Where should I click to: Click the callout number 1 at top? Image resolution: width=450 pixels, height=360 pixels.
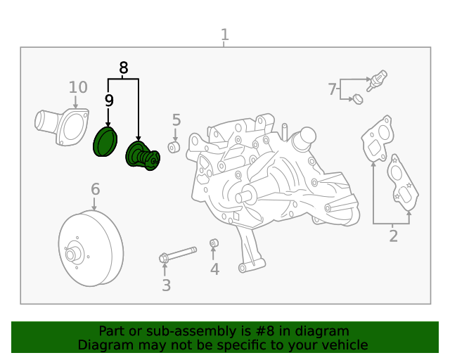point(224,34)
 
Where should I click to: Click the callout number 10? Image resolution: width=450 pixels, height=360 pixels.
point(78,87)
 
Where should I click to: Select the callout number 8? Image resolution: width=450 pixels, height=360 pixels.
point(124,68)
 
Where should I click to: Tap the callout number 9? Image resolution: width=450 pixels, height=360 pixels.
point(109,101)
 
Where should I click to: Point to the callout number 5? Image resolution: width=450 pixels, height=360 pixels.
point(176,120)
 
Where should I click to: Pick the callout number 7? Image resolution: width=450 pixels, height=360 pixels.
point(332,89)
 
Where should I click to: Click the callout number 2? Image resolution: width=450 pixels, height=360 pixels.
point(393,236)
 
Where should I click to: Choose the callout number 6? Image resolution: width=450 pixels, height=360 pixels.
point(95,189)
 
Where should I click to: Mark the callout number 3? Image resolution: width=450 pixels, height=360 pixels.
point(166,285)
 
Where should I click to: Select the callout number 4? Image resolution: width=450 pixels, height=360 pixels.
point(214,269)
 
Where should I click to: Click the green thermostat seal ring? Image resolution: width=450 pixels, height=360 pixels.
point(105,142)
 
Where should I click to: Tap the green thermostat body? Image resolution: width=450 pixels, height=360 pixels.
point(141,156)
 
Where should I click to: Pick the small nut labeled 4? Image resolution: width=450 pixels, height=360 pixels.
point(214,244)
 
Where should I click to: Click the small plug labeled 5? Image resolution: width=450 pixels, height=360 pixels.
point(174,146)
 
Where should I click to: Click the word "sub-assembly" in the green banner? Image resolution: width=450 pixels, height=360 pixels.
point(179,331)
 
